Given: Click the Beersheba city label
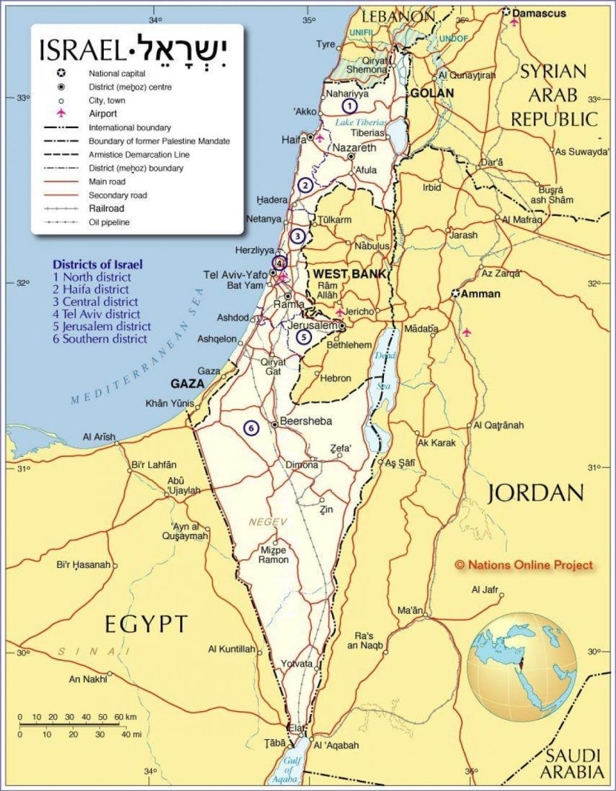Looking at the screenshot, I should coord(306,421).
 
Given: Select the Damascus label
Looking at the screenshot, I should coord(540,13).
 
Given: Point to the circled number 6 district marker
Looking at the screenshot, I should coord(251,428).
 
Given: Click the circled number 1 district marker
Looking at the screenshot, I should coord(339,106).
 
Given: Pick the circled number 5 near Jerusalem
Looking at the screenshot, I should coord(304,337).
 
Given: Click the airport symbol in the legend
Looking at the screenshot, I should coord(61,114).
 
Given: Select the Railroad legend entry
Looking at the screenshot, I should coord(106,209).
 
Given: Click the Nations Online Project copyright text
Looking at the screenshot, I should coord(524,565).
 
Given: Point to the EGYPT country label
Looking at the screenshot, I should coord(146,624).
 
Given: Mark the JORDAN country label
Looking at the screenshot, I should coord(535,493).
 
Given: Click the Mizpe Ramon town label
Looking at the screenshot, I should coord(274,555).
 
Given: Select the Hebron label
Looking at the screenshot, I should coord(335,378).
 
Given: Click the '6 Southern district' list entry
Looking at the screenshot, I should coord(99,338).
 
